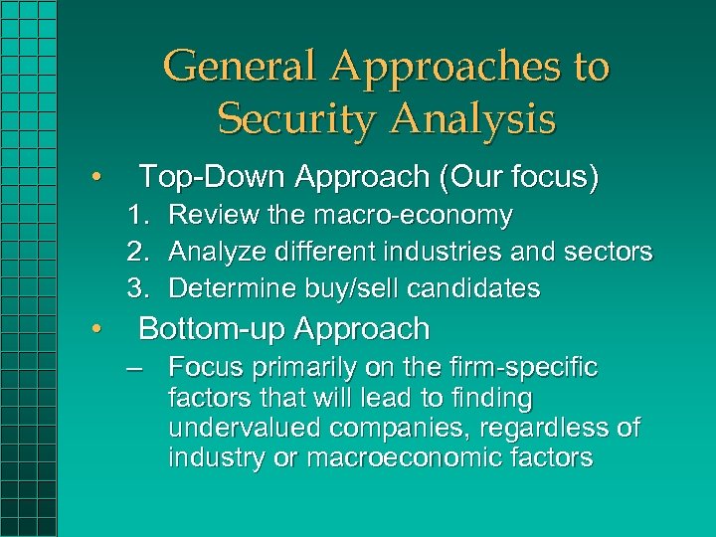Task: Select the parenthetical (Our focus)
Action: [510, 177]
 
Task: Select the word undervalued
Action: [247, 429]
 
